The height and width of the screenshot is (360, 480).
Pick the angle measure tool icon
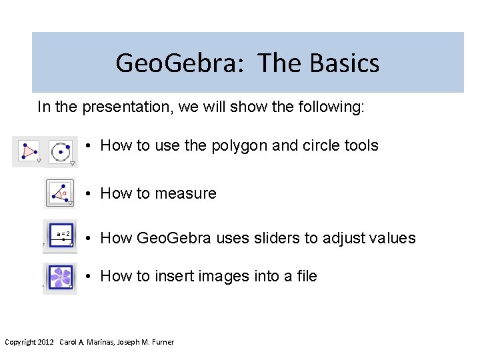pyautogui.click(x=60, y=193)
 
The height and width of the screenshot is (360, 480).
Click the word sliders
pyautogui.click(x=275, y=238)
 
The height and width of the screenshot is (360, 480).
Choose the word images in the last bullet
pyautogui.click(x=223, y=276)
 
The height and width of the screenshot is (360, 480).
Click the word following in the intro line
pyautogui.click(x=329, y=107)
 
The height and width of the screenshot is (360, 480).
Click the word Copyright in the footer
pyautogui.click(x=21, y=342)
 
